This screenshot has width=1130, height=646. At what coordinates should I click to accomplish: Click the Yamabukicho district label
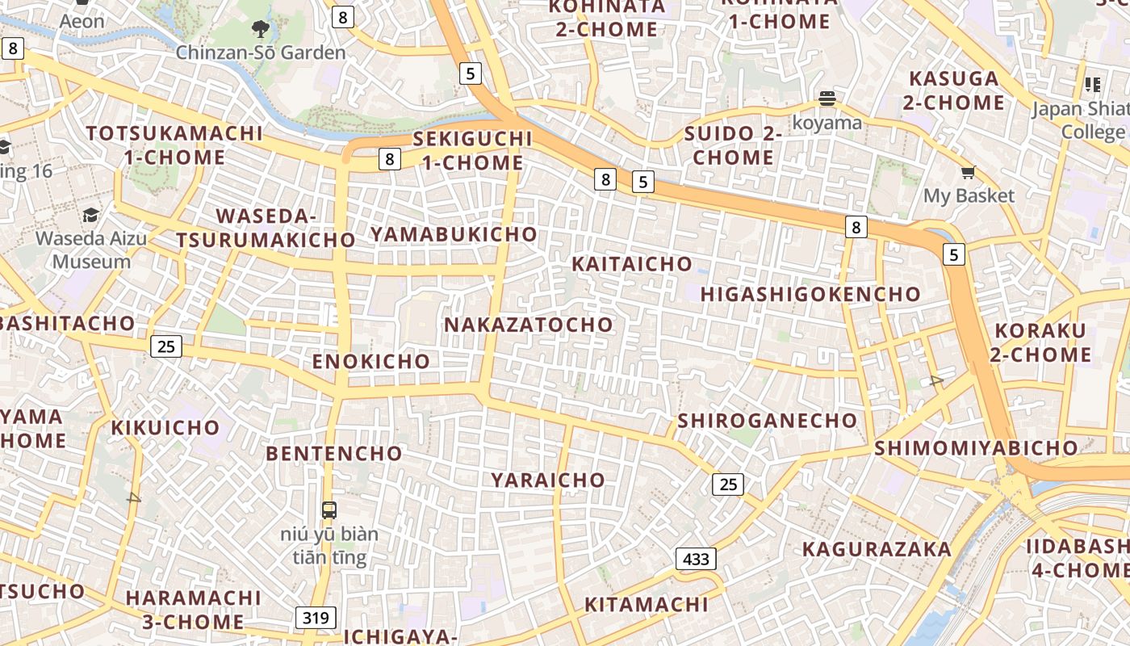454,234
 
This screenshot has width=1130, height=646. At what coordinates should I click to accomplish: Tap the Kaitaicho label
632,264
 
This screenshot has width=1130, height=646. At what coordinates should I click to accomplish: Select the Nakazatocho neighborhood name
529,325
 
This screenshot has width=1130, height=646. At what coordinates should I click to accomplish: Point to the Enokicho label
371,361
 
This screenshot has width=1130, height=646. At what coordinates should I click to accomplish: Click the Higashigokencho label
810,295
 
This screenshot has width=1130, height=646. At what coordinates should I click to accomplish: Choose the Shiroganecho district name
767,421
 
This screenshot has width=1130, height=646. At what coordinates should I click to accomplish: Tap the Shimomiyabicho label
976,448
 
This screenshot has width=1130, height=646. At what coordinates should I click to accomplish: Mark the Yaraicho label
548,480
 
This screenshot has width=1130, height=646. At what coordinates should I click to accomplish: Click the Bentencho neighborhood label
334,454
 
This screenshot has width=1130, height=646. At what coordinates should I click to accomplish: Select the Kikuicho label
165,428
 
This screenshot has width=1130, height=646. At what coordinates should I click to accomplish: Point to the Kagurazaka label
877,550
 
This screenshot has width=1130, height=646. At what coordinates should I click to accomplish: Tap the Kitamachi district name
646,605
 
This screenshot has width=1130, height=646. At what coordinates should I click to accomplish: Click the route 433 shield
696,559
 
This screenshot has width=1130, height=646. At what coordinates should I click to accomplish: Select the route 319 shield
316,619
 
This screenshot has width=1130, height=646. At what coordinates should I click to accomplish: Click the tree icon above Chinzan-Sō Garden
260,30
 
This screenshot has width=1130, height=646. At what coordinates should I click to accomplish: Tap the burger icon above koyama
827,99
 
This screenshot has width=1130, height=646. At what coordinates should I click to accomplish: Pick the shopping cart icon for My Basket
968,171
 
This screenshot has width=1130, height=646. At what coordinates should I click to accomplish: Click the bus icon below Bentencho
329,510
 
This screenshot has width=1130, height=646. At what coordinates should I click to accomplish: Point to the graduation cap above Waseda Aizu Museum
90,215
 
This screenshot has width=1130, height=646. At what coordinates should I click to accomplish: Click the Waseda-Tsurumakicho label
266,229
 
